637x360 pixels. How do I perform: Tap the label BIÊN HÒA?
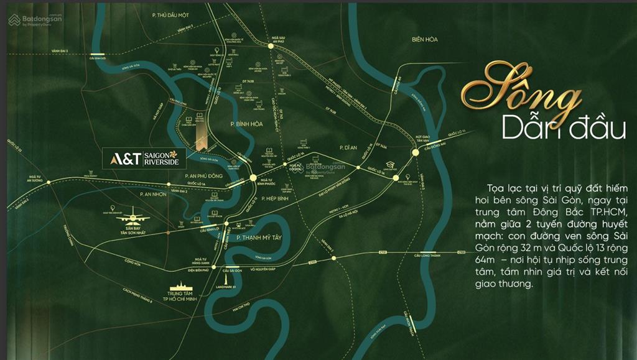(424, 39)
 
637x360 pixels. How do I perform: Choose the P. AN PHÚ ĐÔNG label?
(204, 176)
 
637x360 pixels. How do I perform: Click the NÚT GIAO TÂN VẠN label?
(423, 137)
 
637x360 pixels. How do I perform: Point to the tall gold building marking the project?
(200, 132)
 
